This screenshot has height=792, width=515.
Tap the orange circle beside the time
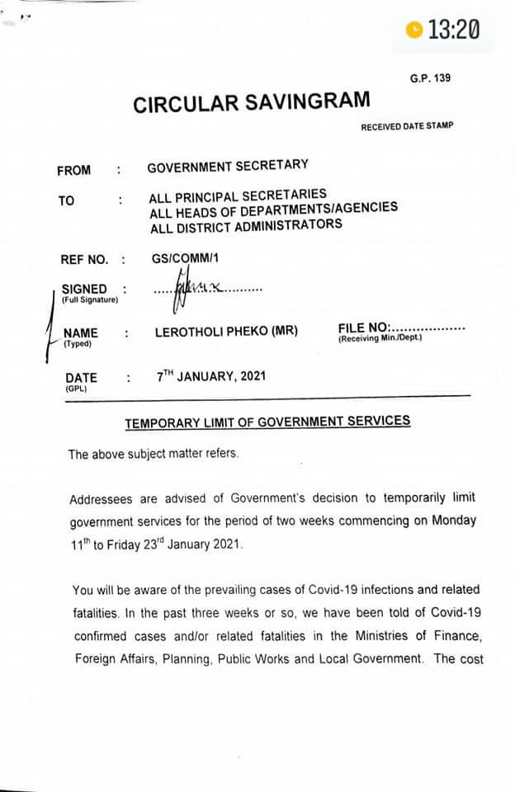tap(415, 31)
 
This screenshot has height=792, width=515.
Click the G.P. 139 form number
tap(430, 78)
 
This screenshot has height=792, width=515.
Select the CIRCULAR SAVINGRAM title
tap(252, 103)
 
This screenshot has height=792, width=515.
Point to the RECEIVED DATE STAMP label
tap(407, 126)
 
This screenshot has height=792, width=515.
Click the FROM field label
tap(74, 171)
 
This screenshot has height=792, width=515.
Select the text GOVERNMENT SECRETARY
tap(228, 167)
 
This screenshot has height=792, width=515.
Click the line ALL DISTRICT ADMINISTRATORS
tap(245, 225)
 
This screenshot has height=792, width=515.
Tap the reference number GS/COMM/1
tap(185, 257)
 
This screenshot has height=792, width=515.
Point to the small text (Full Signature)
tap(90, 299)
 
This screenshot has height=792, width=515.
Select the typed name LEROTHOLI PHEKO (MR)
tap(227, 332)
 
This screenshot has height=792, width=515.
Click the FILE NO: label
tap(363, 328)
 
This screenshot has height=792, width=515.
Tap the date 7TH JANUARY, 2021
tap(211, 376)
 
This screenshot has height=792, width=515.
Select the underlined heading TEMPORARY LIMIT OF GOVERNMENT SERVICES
tap(267, 422)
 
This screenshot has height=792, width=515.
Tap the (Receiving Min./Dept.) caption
tap(380, 338)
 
